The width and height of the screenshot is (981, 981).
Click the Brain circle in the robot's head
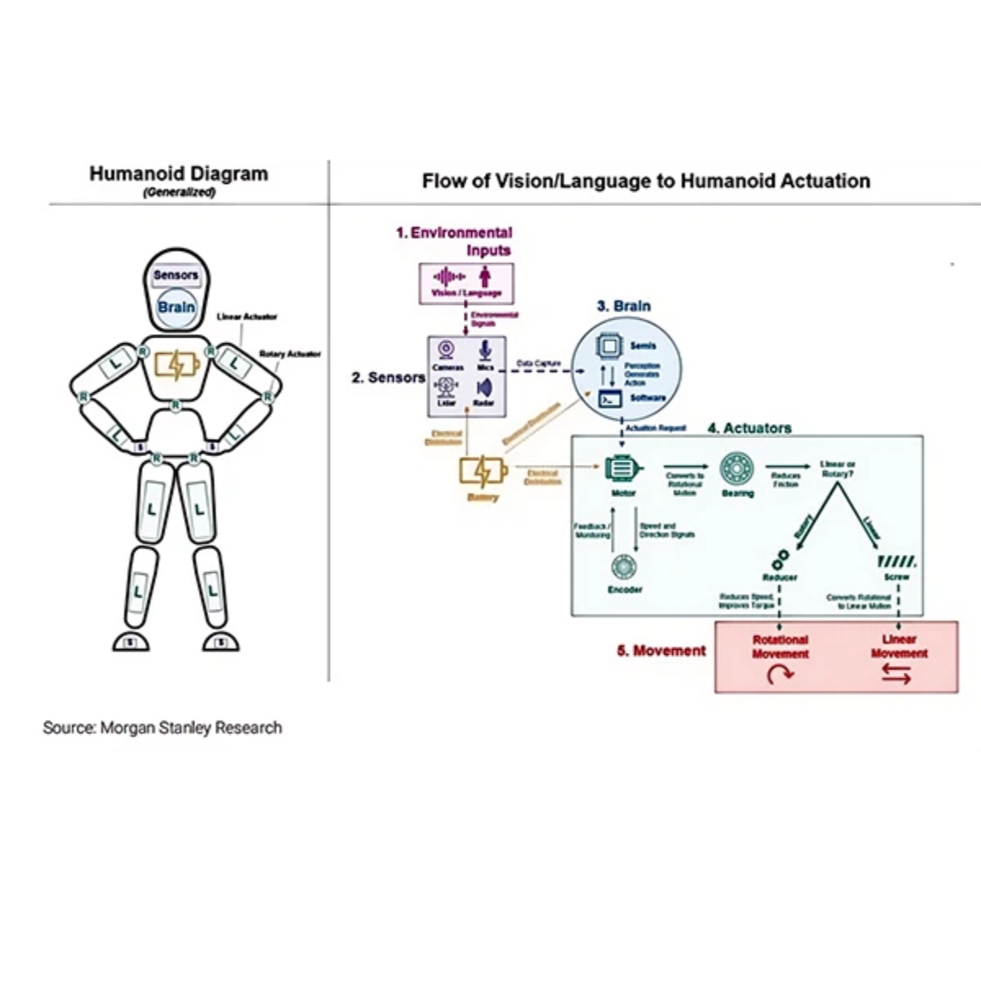click(177, 307)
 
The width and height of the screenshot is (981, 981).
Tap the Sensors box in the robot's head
click(176, 275)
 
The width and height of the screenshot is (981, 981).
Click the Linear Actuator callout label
click(247, 316)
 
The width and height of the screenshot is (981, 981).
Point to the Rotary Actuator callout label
click(290, 354)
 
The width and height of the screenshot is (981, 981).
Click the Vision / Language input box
click(466, 283)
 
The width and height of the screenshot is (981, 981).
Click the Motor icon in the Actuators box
click(624, 469)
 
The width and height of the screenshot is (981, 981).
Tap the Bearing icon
click(737, 469)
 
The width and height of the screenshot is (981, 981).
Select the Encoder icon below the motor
click(625, 567)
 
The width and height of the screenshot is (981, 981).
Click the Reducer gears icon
click(780, 558)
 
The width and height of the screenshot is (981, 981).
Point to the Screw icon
click(897, 562)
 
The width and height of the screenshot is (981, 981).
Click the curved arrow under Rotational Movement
click(781, 674)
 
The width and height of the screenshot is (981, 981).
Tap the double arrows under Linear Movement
click(897, 674)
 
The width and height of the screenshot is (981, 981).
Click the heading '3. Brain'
click(624, 306)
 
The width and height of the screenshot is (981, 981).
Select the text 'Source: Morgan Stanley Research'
click(163, 728)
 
